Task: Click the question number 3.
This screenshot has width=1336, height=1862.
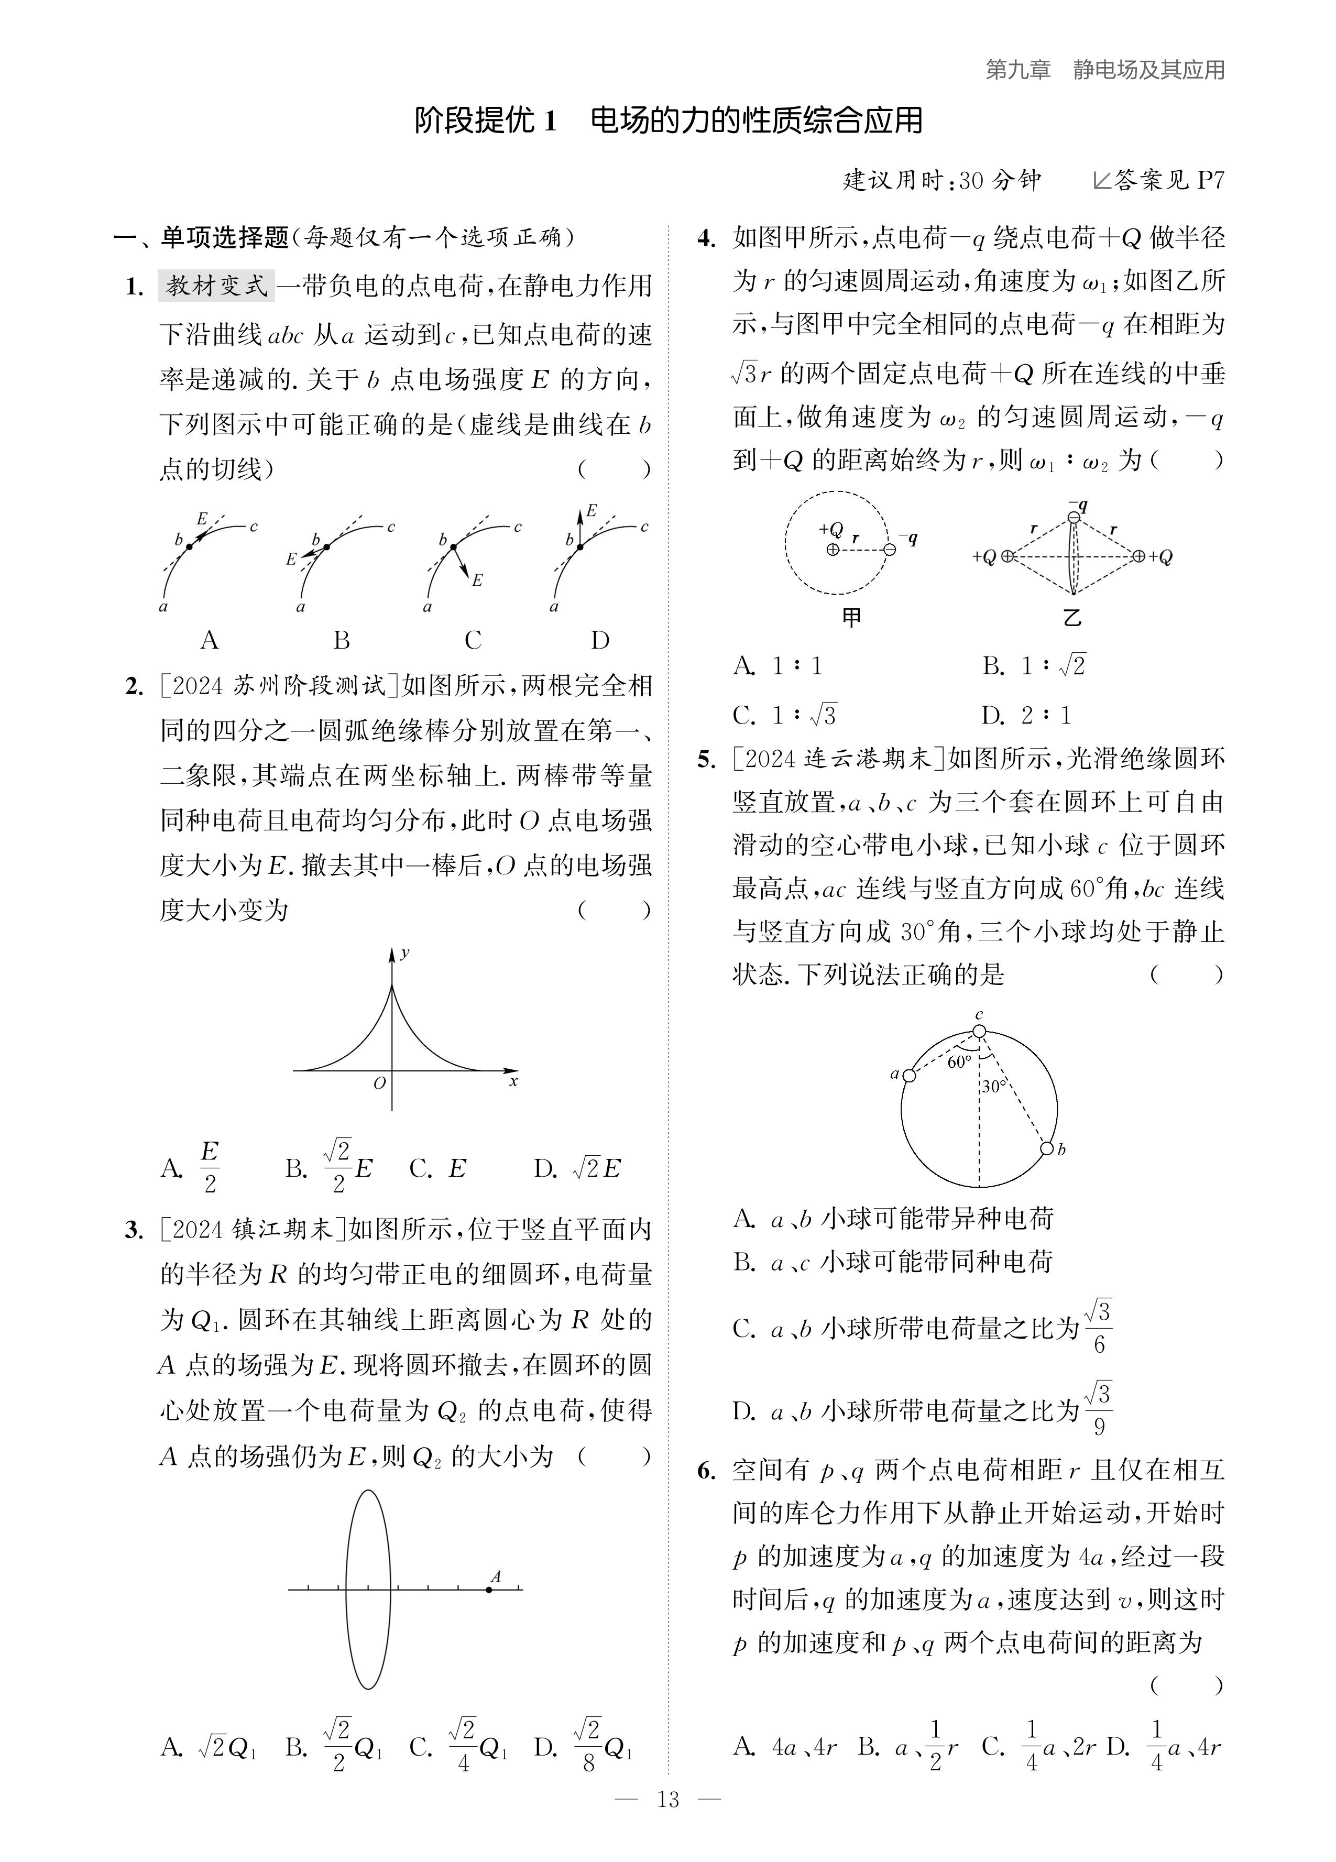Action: coord(134,1230)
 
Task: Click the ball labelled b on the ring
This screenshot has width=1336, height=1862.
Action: coord(1047,1148)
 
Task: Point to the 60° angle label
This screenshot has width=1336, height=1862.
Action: coord(959,1063)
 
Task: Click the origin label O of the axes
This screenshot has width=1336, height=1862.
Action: coord(379,1083)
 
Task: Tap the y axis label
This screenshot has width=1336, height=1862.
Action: coord(405,953)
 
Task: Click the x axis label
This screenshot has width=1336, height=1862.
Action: coord(513,1082)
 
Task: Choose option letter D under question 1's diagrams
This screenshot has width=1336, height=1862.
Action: coord(600,640)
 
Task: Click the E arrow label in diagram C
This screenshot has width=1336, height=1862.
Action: coord(477,580)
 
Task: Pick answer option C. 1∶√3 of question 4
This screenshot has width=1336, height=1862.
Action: coord(784,715)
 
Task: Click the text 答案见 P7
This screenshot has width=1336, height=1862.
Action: coord(1166,180)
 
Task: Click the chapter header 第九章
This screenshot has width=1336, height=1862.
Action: coord(1018,71)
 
